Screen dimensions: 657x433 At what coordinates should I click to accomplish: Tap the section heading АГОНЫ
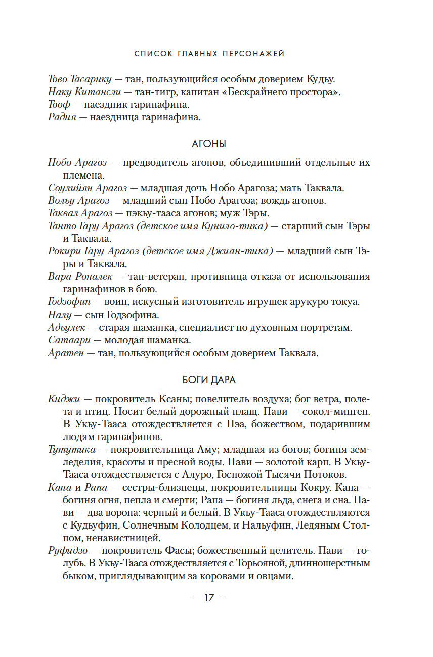[209, 144]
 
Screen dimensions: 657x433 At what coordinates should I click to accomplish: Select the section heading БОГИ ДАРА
[209, 380]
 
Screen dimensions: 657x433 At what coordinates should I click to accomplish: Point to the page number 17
[209, 597]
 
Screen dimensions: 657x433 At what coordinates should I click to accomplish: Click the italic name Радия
[62, 118]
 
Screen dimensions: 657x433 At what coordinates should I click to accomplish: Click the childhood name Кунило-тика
[232, 226]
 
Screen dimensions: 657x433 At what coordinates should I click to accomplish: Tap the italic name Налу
[57, 315]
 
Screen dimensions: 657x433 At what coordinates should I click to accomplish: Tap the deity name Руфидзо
[67, 550]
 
